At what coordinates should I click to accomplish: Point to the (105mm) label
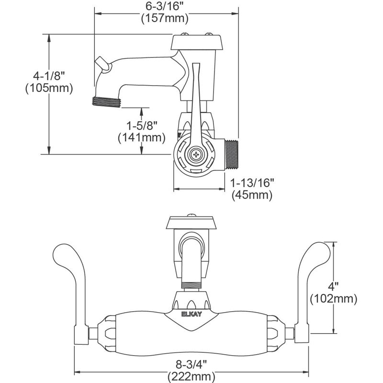(x=48, y=88)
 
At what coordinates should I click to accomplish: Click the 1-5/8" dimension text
(x=142, y=125)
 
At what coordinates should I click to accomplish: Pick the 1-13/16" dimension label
(x=252, y=183)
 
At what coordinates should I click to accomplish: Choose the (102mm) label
(x=334, y=299)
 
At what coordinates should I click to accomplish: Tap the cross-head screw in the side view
(x=196, y=155)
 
